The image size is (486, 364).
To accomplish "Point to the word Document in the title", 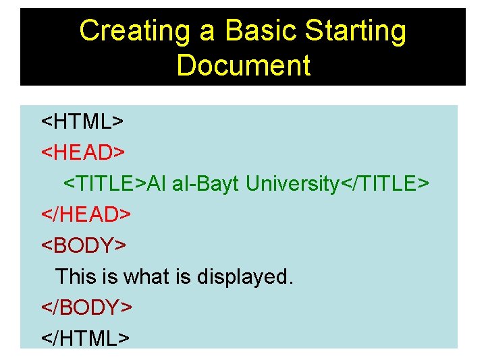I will [x=243, y=66].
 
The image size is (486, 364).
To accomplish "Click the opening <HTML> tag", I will [x=82, y=122].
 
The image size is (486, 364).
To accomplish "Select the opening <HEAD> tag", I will [x=83, y=153].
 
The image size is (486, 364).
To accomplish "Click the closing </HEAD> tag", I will [x=86, y=214].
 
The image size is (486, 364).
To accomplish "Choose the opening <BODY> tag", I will [x=84, y=245].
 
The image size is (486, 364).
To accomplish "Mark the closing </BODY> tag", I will [x=87, y=307].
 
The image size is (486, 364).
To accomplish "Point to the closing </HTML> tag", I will [x=85, y=337].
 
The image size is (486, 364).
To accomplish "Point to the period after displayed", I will [x=291, y=281].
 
